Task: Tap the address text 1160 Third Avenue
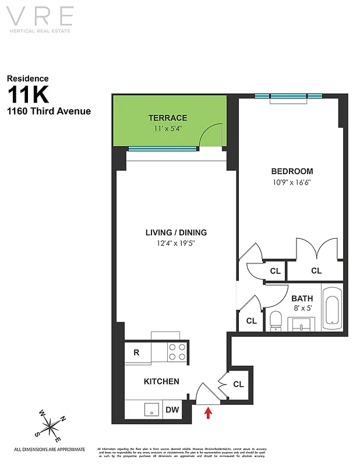click(49, 111)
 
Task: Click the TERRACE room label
click(167, 118)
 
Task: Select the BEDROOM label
click(292, 171)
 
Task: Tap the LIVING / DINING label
click(176, 232)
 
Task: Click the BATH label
click(302, 299)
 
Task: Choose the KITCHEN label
click(161, 382)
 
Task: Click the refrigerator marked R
click(136, 352)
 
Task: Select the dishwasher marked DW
click(172, 410)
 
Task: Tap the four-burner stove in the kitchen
click(177, 352)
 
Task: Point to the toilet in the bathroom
click(276, 321)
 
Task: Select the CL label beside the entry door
click(238, 384)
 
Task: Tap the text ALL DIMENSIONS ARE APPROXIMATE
click(50, 449)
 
